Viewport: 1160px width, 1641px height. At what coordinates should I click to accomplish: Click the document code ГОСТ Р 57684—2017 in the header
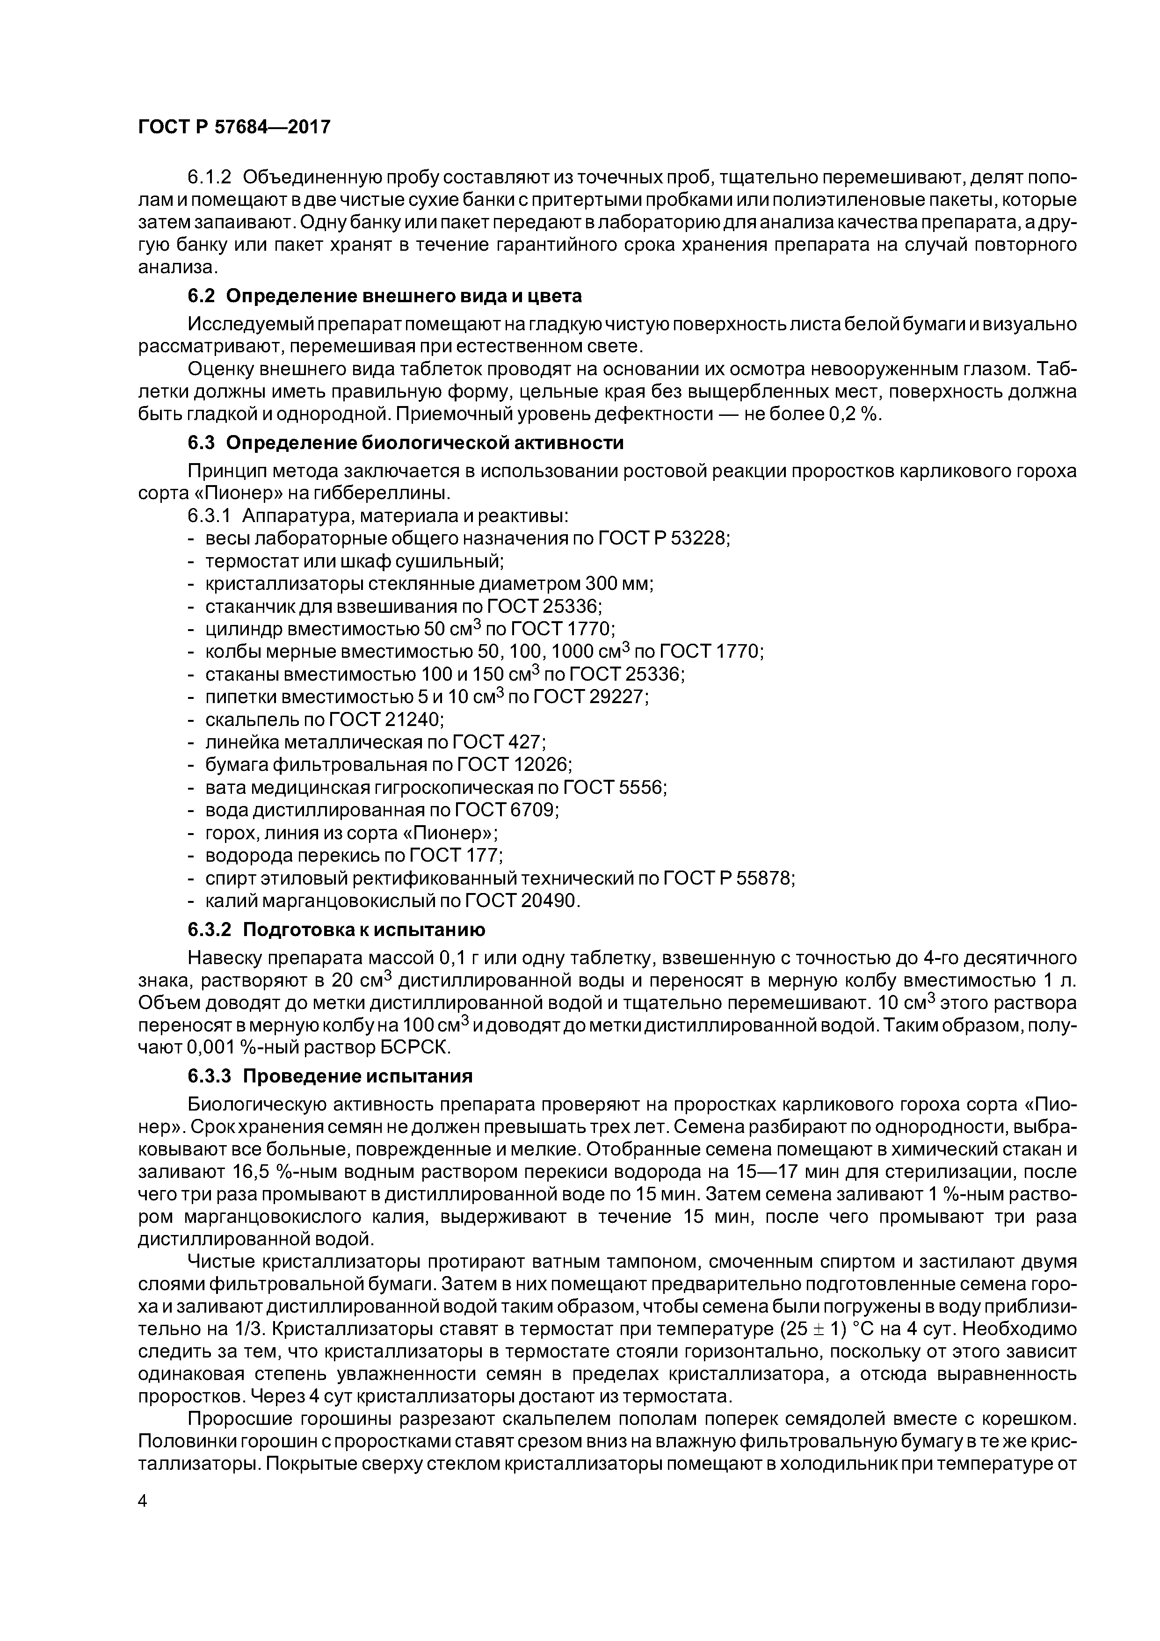(x=234, y=127)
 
